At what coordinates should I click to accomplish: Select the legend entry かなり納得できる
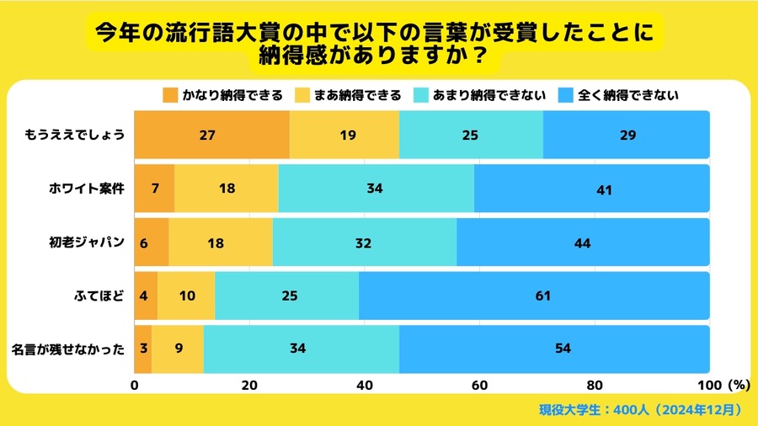222,95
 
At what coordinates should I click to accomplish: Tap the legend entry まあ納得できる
349,95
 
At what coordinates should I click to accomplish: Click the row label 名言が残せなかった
69,349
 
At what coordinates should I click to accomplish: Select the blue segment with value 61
534,296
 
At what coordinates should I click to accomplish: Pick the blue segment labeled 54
554,349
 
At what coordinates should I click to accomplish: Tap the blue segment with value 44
583,242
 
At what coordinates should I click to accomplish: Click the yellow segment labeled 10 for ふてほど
186,296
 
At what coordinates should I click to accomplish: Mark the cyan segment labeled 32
364,242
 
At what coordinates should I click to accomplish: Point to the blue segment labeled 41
591,189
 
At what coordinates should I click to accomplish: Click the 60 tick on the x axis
479,386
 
